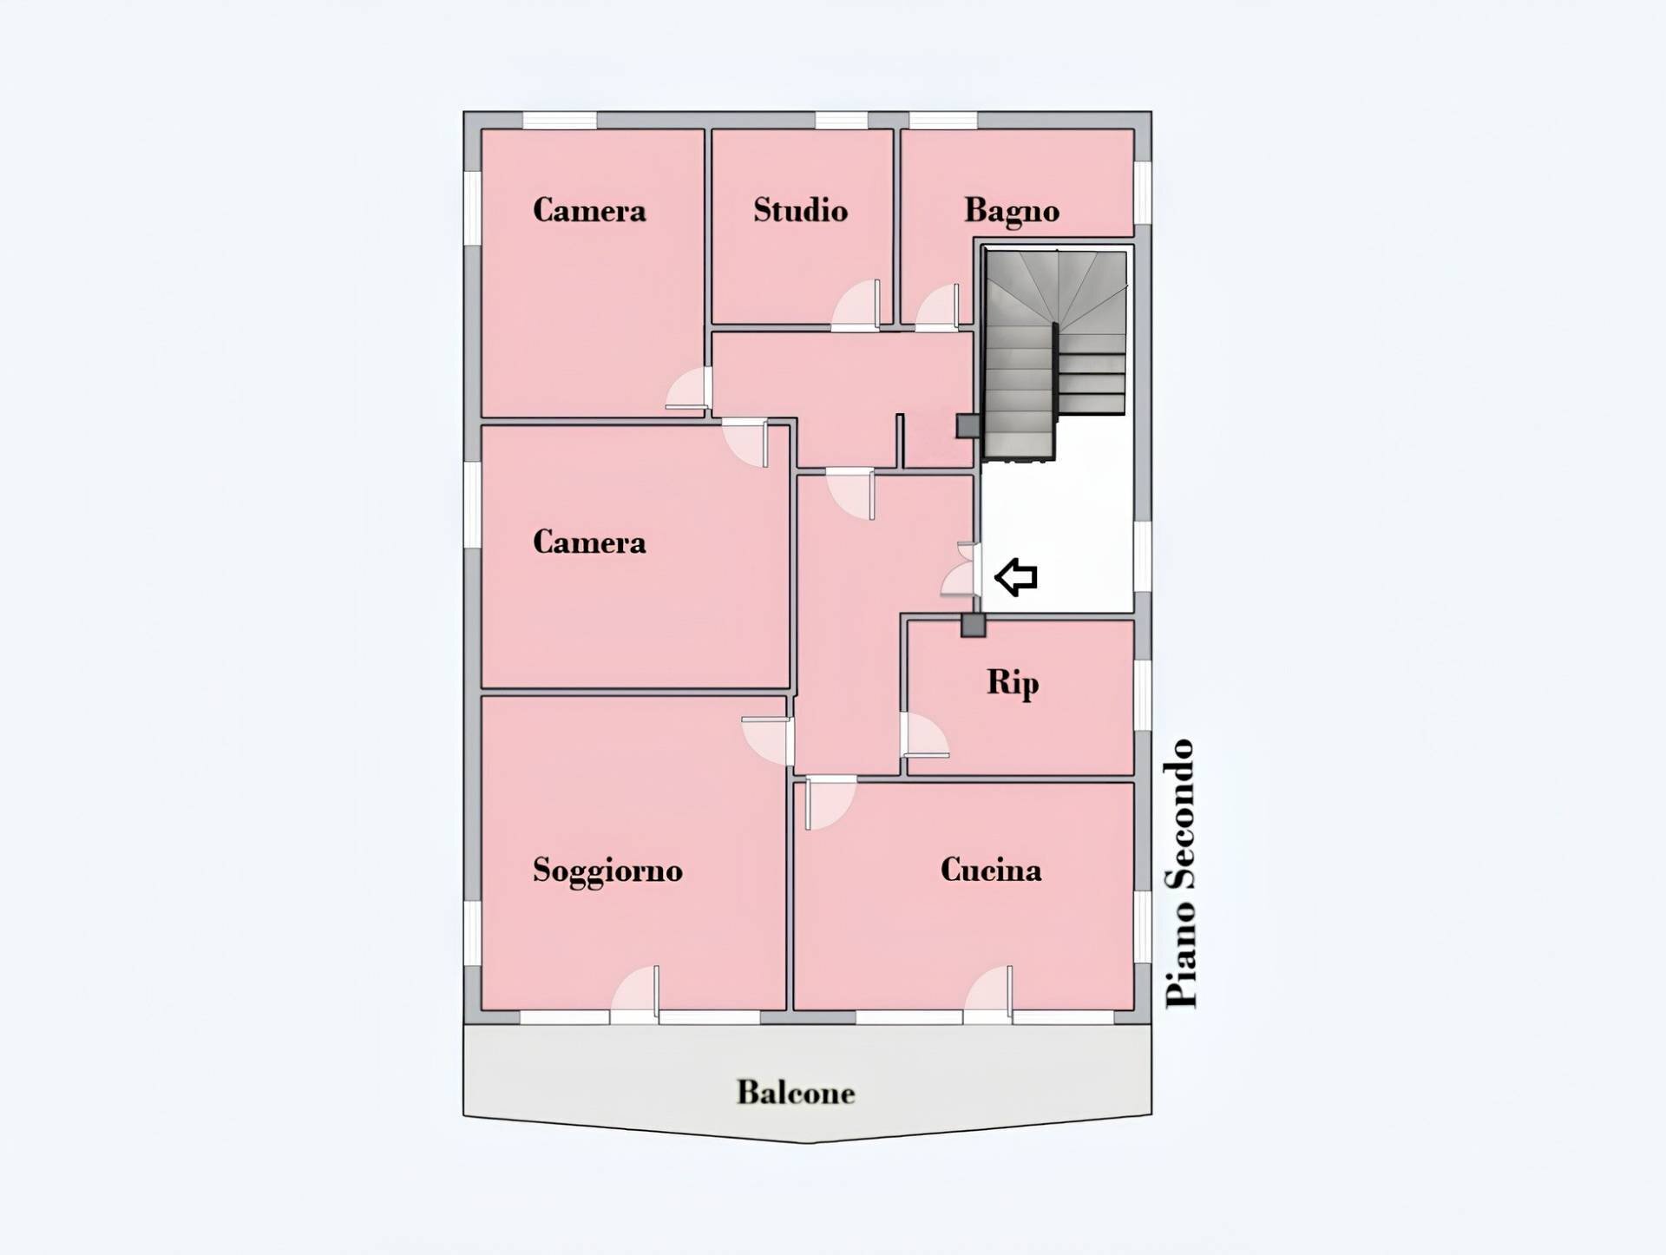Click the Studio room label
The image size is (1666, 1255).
coord(800,210)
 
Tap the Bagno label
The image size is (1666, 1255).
coord(1012,211)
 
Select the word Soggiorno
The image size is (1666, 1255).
coord(607,871)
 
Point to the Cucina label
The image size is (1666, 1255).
coord(991,870)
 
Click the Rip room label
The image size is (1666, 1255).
coord(1013,683)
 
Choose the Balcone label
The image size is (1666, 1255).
coord(796,1092)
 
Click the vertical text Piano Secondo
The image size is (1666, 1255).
coord(1181,874)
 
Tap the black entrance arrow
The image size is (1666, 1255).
coord(1015,577)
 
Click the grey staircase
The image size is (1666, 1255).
coord(1055,354)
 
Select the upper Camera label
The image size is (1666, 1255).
coord(589,210)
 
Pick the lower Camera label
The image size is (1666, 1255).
coord(589,542)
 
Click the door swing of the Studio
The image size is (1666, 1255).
coord(856,305)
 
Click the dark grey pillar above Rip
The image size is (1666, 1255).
coord(973,625)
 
